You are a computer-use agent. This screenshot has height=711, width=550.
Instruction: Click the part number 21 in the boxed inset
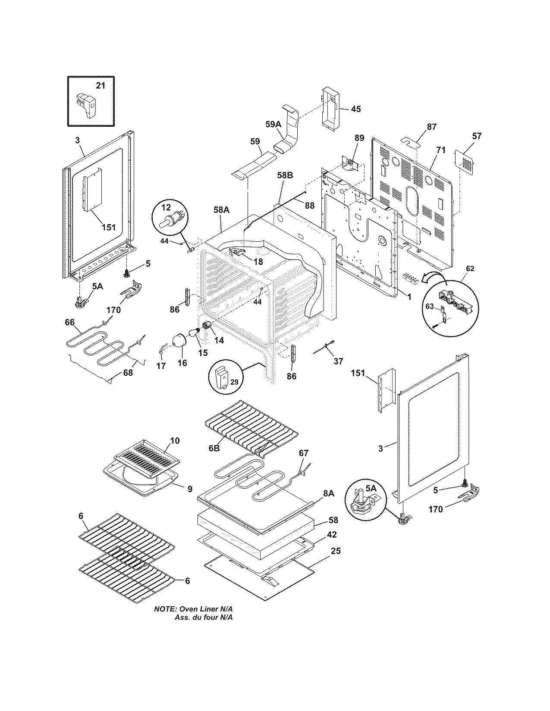[x=100, y=86]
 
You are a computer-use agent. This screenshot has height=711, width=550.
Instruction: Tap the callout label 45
[x=355, y=109]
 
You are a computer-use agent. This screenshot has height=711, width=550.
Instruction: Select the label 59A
[x=273, y=125]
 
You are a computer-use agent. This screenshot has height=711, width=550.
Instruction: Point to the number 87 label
[x=431, y=127]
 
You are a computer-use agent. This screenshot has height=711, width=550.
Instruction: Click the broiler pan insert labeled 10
[x=147, y=458]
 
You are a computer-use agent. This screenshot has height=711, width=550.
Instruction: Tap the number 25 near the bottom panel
[x=335, y=551]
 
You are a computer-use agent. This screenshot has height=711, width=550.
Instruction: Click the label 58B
[x=285, y=175]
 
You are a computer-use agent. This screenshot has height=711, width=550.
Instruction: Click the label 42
[x=331, y=535]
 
